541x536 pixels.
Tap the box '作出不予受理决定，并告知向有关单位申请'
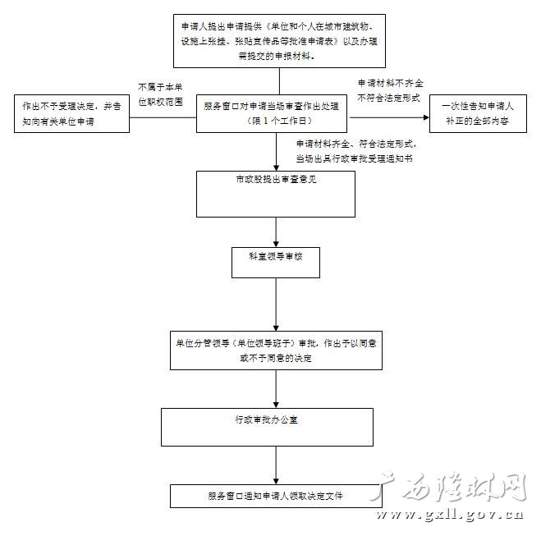click(x=71, y=114)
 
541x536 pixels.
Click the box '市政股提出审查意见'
click(x=277, y=193)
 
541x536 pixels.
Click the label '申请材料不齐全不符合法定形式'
click(x=388, y=90)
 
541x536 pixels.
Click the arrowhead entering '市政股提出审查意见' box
click(x=277, y=166)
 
